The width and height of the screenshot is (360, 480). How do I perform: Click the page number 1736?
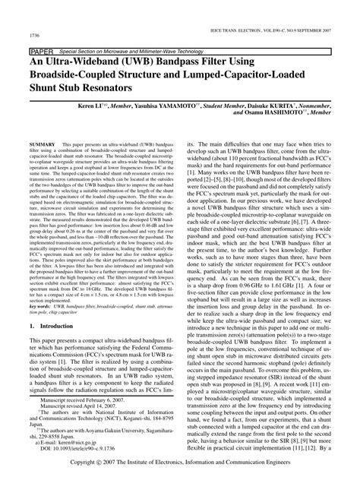tap(36, 35)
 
